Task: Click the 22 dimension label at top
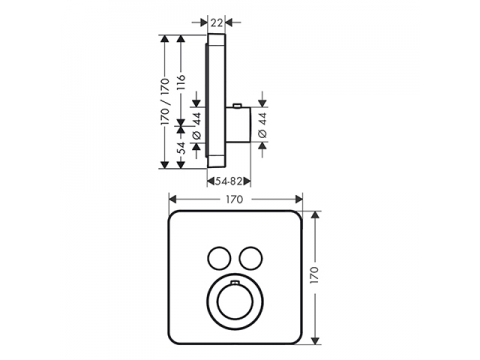click(x=216, y=23)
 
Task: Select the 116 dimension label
click(x=180, y=83)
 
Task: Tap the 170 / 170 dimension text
click(x=165, y=102)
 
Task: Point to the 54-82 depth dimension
click(x=228, y=181)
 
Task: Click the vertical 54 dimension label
click(x=180, y=148)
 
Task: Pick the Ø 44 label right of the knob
click(x=263, y=125)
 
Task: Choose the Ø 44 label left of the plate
click(x=197, y=125)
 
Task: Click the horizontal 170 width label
click(x=235, y=199)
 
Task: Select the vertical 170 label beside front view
click(x=314, y=275)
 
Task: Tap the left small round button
click(x=219, y=258)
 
